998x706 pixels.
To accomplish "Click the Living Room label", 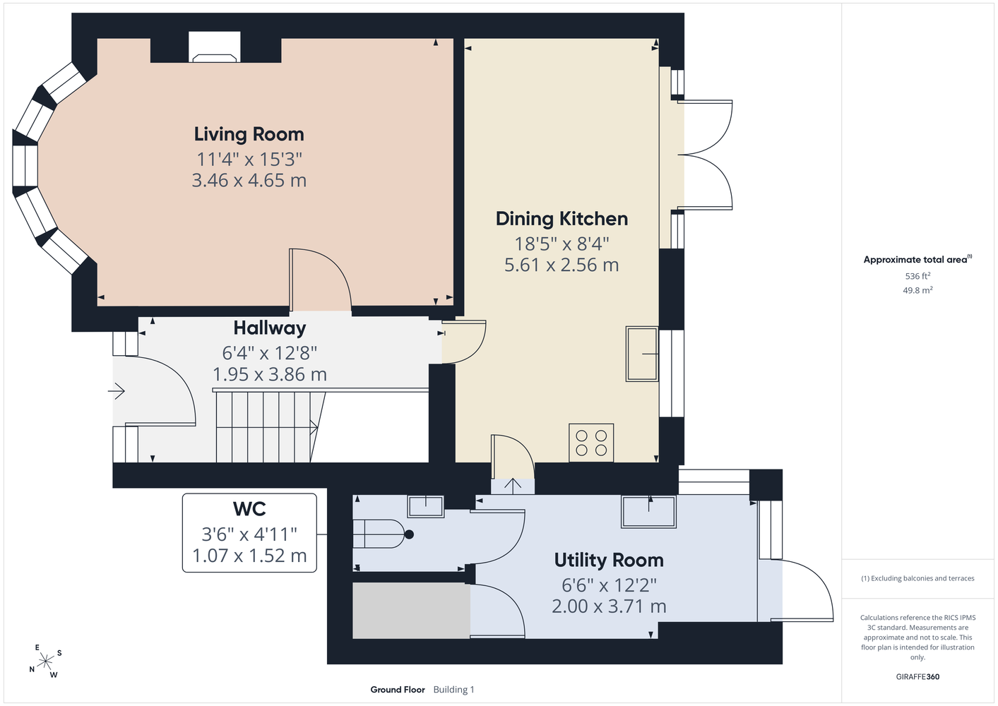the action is [249, 135].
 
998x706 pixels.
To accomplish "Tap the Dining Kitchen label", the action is [562, 219].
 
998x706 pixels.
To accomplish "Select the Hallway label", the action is [270, 329].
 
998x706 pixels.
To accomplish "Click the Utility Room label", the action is [609, 561].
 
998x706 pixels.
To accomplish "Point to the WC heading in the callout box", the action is [249, 509].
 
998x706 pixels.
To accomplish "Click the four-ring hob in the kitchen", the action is [591, 443].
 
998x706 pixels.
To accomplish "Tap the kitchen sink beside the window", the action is [642, 354].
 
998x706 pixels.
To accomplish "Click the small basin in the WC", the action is [426, 506].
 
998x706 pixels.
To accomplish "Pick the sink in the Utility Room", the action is [648, 512].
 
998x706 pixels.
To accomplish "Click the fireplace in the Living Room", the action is [215, 47].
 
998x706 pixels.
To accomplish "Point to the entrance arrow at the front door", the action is [117, 392].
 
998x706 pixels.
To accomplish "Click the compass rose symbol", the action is [45, 662].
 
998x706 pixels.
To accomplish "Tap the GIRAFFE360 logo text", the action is [917, 676].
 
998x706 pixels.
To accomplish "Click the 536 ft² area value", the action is [917, 276].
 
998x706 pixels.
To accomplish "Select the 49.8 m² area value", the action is [917, 290].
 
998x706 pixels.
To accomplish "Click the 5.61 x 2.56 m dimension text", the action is [562, 265].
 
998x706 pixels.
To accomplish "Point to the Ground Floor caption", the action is [398, 690].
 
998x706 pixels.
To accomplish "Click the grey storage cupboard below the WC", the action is [411, 611].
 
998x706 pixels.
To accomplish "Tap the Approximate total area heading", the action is [917, 260].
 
